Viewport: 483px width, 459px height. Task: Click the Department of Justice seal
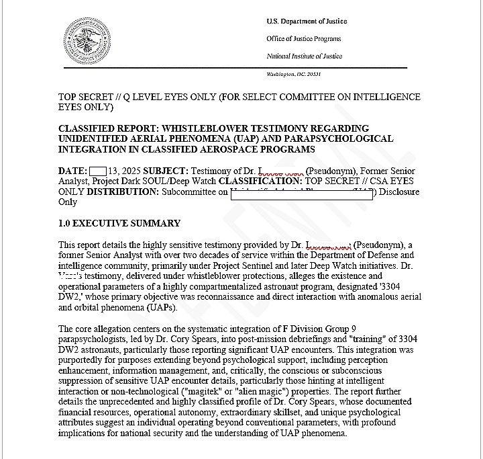point(88,40)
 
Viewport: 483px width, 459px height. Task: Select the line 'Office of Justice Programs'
point(303,39)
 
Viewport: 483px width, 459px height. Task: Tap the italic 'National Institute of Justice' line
point(304,56)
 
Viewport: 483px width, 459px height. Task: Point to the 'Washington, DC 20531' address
point(294,73)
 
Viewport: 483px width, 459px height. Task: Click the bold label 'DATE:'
point(72,171)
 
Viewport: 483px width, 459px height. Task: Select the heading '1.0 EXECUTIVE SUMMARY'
point(119,223)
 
